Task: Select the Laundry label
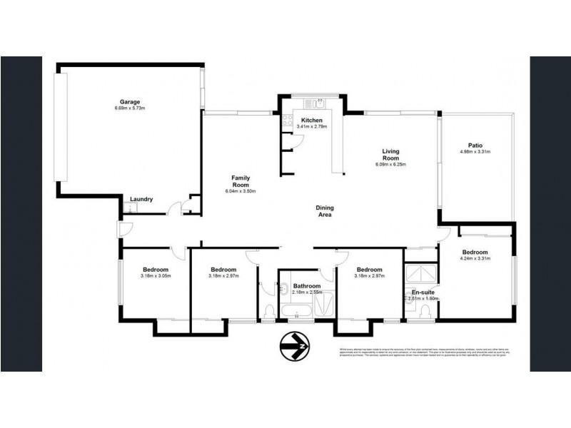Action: (141, 199)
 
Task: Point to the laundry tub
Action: (130, 208)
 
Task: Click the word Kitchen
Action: (312, 120)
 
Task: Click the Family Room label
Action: (240, 180)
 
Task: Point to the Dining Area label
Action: (325, 211)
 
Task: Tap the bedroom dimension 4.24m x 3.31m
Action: (475, 260)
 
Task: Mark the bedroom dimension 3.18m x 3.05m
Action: (156, 275)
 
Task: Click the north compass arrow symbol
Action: (294, 348)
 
